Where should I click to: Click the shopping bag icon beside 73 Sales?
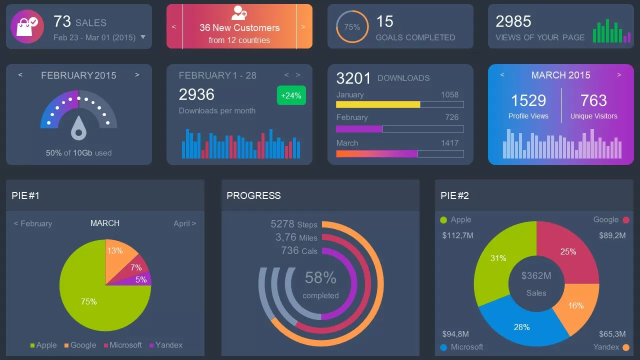pyautogui.click(x=27, y=26)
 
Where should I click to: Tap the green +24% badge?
pyautogui.click(x=291, y=95)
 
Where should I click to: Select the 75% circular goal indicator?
pyautogui.click(x=352, y=27)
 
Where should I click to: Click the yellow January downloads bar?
pyautogui.click(x=378, y=104)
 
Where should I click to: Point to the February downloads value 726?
pyautogui.click(x=451, y=117)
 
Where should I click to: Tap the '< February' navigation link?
pyautogui.click(x=33, y=223)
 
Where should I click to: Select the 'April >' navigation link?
pyautogui.click(x=184, y=223)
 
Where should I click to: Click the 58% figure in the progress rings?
pyautogui.click(x=320, y=277)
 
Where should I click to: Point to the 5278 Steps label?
pyautogui.click(x=293, y=224)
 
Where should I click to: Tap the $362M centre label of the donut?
pyautogui.click(x=536, y=275)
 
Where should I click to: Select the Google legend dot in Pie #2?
pyautogui.click(x=625, y=220)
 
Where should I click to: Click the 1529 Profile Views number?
pyautogui.click(x=528, y=100)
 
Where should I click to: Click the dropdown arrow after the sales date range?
pyautogui.click(x=143, y=37)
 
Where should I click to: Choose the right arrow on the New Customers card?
pyautogui.click(x=303, y=26)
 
